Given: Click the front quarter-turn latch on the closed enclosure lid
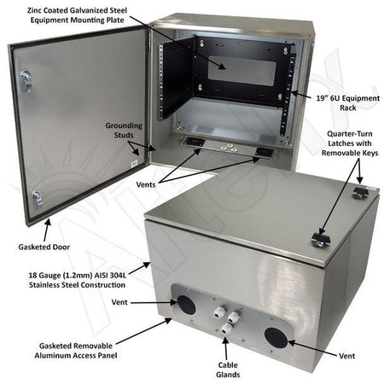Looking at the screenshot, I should (323, 236).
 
